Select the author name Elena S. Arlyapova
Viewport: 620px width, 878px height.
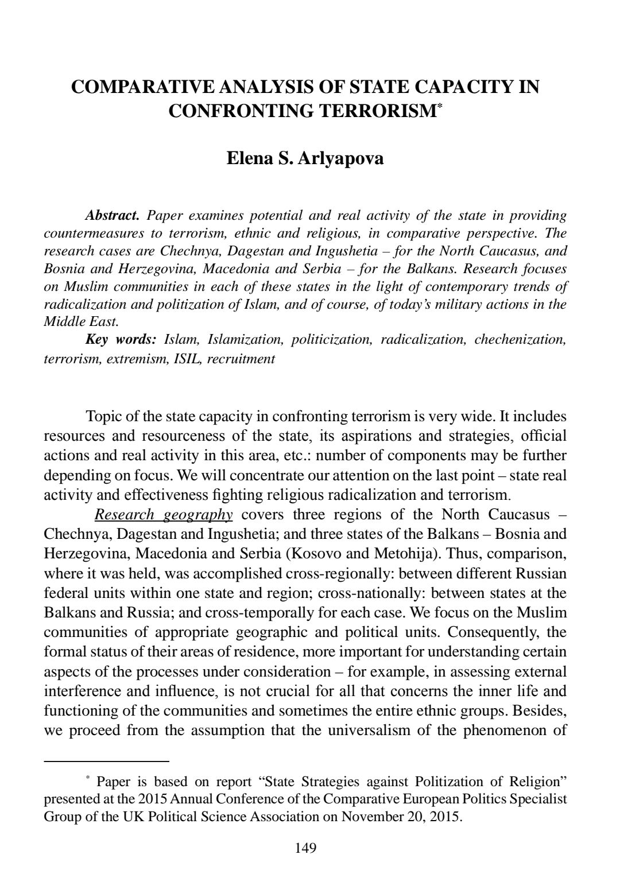[305, 158]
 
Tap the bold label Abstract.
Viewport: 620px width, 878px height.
[113, 216]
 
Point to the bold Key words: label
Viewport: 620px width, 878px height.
[121, 340]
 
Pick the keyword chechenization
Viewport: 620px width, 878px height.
[520, 340]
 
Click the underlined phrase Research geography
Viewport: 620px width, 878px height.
[164, 514]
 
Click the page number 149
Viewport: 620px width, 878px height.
[305, 848]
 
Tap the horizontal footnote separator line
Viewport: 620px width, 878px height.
[107, 761]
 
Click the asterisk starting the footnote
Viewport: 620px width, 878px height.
[88, 779]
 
